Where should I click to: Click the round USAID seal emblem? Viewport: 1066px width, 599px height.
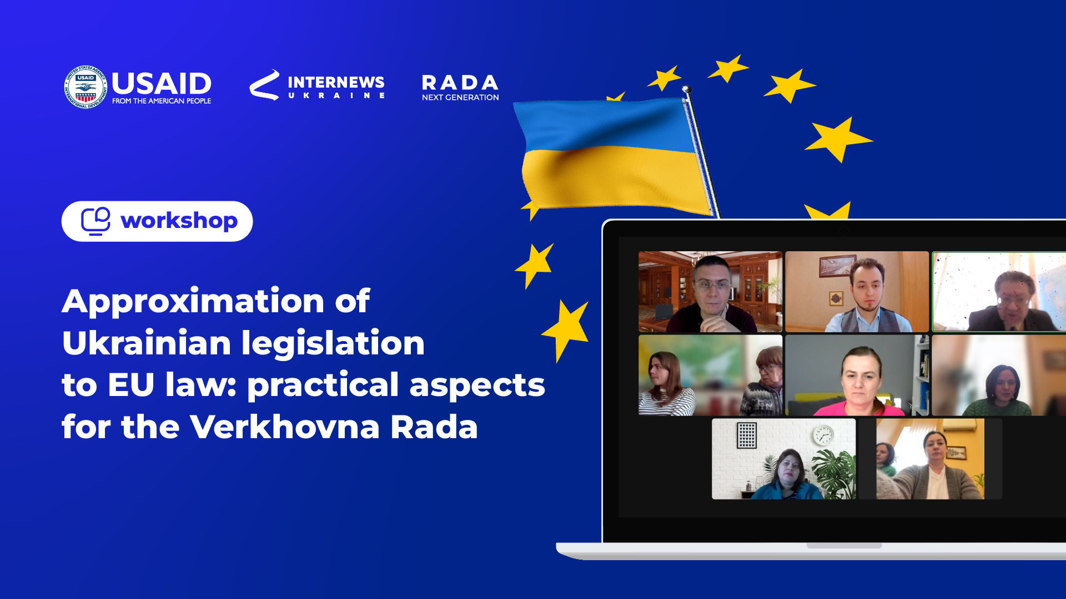pos(86,87)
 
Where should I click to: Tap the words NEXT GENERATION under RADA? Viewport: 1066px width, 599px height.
pos(460,98)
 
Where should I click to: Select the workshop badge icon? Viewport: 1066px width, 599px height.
pos(95,221)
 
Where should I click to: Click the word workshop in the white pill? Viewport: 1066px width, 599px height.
pos(179,221)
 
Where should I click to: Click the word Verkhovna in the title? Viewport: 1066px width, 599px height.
pos(285,427)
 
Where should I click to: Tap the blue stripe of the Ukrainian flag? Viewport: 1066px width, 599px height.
pos(602,125)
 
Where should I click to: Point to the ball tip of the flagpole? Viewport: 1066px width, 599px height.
pos(686,89)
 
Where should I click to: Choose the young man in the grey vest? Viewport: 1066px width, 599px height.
pos(868,296)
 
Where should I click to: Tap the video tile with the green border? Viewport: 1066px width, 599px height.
pos(999,292)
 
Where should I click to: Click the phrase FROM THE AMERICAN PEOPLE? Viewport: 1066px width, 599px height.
pos(162,101)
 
